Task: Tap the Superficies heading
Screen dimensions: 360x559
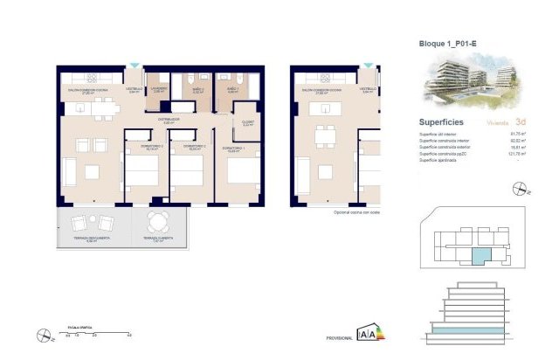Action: tap(442, 122)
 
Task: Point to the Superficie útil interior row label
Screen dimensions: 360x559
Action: tap(443, 132)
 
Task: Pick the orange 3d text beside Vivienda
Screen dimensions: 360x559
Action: tap(521, 122)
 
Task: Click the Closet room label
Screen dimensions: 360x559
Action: tap(247, 122)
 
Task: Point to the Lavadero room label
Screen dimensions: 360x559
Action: tap(157, 88)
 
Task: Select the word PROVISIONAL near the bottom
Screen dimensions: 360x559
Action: tap(340, 336)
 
